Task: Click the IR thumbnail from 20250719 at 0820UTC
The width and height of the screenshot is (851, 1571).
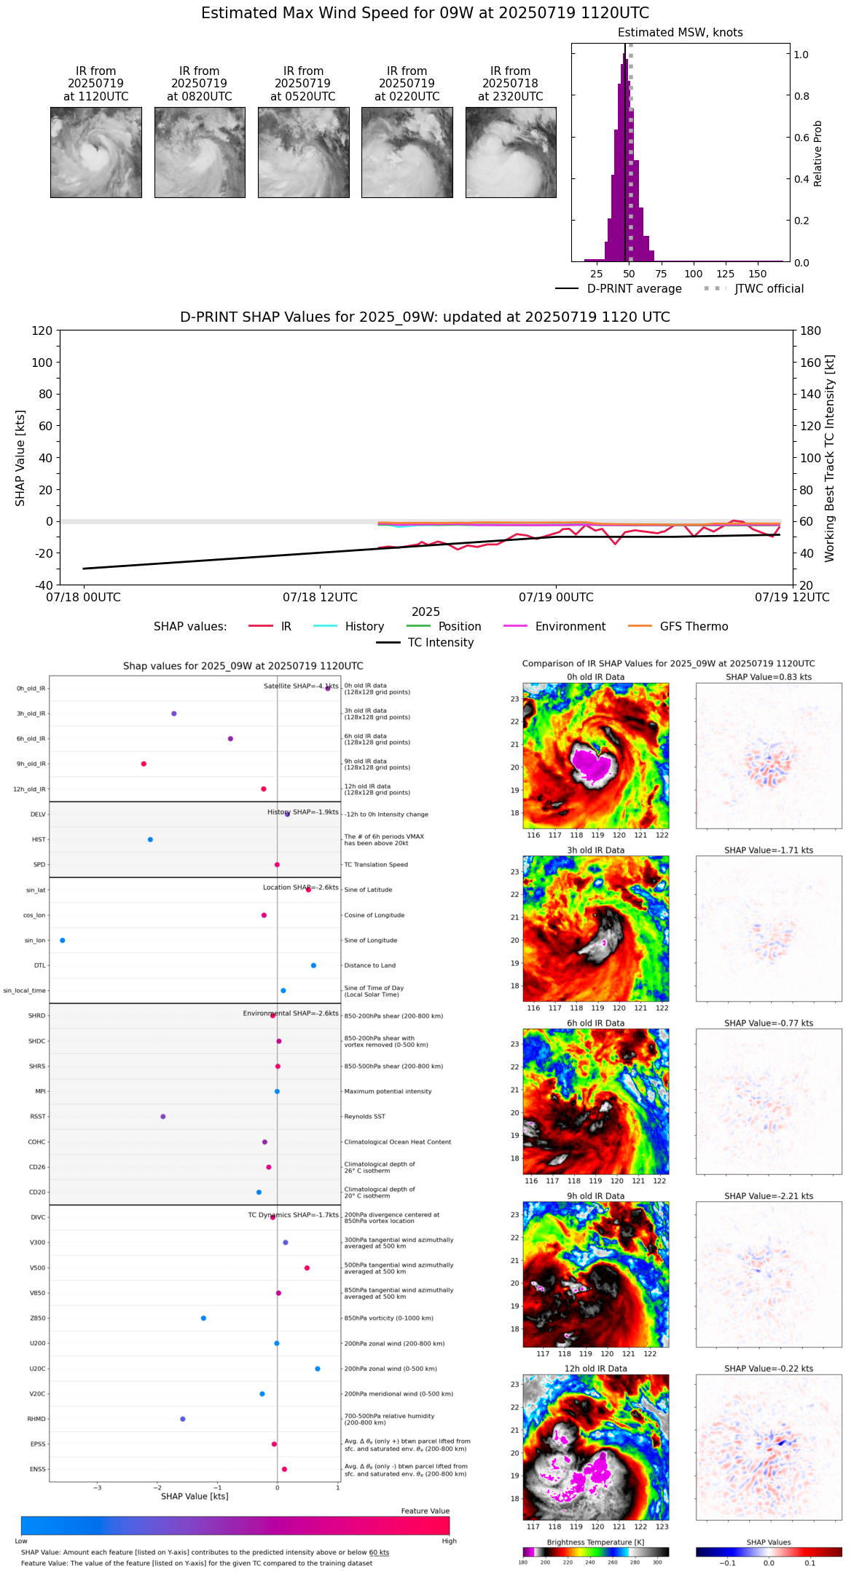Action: [200, 152]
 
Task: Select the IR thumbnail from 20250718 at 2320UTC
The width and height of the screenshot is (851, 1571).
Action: [511, 152]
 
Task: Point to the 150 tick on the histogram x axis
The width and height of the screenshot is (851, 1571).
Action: [758, 274]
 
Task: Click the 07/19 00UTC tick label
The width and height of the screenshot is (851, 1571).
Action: [556, 598]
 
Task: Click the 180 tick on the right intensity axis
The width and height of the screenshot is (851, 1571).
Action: [811, 331]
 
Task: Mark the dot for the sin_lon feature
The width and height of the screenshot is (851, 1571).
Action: [63, 941]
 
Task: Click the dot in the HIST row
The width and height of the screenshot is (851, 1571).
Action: [150, 839]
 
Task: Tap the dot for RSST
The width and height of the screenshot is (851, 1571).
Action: [162, 1116]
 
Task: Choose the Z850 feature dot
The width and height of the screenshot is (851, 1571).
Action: [203, 1318]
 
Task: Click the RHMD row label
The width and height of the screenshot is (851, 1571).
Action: [36, 1419]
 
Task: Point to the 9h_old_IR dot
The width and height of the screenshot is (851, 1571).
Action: [144, 764]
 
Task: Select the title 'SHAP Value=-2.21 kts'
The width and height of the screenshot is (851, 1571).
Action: [769, 1196]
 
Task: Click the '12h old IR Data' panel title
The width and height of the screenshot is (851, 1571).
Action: [595, 1369]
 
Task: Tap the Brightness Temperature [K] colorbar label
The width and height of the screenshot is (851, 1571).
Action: [595, 1542]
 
